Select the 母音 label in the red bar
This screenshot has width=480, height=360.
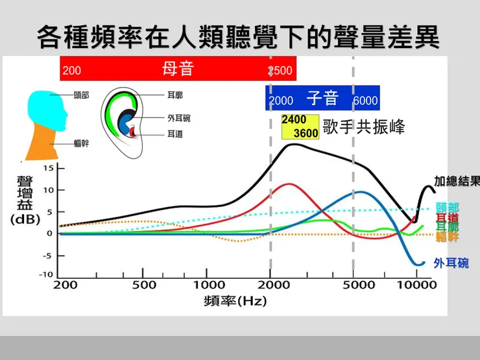tap(178, 68)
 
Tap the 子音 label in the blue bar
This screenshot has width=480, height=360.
tap(323, 99)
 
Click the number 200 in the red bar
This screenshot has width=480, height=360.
tap(72, 71)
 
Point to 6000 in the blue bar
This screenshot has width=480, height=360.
tap(365, 101)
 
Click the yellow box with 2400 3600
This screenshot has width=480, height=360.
tap(300, 127)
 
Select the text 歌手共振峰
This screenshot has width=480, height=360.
tap(364, 127)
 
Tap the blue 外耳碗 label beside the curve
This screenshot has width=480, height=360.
tap(451, 263)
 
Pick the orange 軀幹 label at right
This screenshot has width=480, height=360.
tap(448, 237)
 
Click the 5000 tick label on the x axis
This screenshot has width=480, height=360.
tap(354, 285)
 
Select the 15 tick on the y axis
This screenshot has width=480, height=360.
tap(47, 169)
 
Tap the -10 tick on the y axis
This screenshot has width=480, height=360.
tap(45, 274)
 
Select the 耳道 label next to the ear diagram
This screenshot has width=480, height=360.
tap(174, 134)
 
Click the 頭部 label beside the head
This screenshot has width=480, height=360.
tap(81, 95)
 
